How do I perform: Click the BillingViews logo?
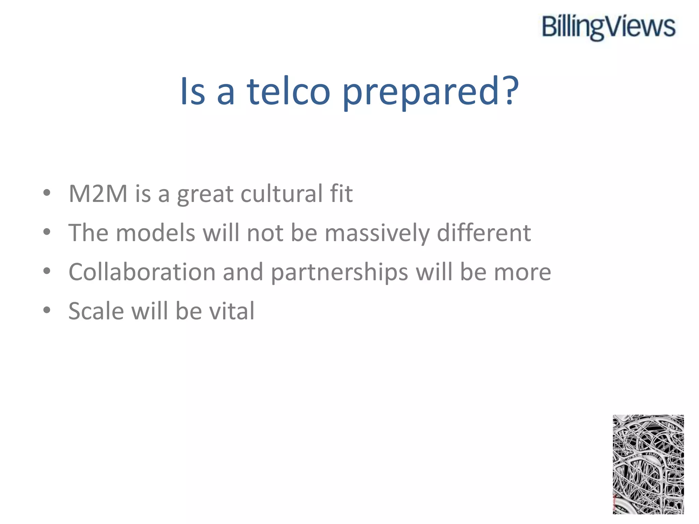(x=609, y=27)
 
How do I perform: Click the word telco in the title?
(x=289, y=91)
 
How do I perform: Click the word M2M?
(x=98, y=194)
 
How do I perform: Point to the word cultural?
(x=282, y=194)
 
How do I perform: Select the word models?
(x=156, y=233)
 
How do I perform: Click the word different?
(x=484, y=233)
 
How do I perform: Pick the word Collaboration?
(x=142, y=272)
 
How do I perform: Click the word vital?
(x=232, y=311)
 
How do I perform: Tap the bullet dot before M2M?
(x=47, y=193)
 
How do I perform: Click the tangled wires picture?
(x=648, y=464)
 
